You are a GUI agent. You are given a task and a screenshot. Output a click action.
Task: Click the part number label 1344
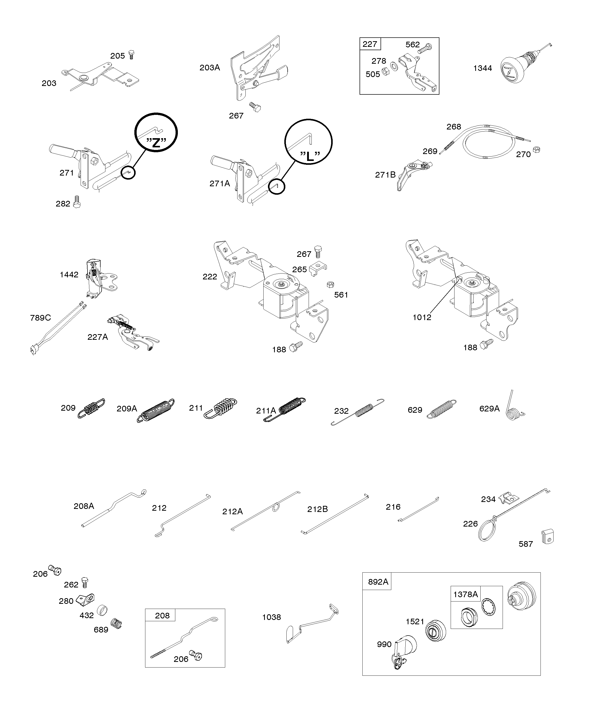pyautogui.click(x=482, y=68)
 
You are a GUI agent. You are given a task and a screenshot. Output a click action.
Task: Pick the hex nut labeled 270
pyautogui.click(x=536, y=149)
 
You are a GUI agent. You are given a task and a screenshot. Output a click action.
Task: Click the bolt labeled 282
pyautogui.click(x=77, y=202)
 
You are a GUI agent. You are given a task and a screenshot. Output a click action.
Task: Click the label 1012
pyautogui.click(x=422, y=317)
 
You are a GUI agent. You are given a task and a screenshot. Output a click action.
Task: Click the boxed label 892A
pyautogui.click(x=378, y=582)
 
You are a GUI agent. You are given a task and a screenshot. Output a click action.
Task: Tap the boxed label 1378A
pyautogui.click(x=466, y=594)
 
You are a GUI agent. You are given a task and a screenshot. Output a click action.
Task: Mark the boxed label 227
pyautogui.click(x=370, y=44)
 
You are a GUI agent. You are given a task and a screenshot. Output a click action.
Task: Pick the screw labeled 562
pyautogui.click(x=425, y=48)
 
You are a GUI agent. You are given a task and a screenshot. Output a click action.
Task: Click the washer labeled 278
pyautogui.click(x=394, y=65)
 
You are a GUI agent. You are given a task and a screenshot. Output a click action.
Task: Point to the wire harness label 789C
pyautogui.click(x=40, y=318)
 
